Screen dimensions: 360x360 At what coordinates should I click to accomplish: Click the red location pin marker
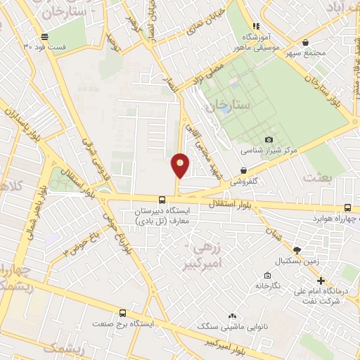[x=180, y=165]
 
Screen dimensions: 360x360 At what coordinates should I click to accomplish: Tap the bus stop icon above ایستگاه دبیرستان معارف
[x=162, y=200]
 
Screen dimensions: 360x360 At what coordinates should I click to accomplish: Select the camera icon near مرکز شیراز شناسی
[x=269, y=140]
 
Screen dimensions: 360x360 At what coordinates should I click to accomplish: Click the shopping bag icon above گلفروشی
[x=243, y=169]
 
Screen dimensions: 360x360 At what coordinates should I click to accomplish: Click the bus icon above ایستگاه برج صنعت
[x=123, y=313]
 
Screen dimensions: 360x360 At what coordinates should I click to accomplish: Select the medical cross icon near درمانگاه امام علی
[x=321, y=281]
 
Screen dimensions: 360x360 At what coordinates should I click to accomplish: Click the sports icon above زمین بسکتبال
[x=297, y=250]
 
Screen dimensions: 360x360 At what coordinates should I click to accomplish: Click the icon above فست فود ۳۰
[x=45, y=37]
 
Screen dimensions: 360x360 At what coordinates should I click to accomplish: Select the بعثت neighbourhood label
[x=317, y=177]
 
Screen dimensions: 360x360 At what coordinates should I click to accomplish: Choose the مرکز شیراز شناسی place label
[x=269, y=150]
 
